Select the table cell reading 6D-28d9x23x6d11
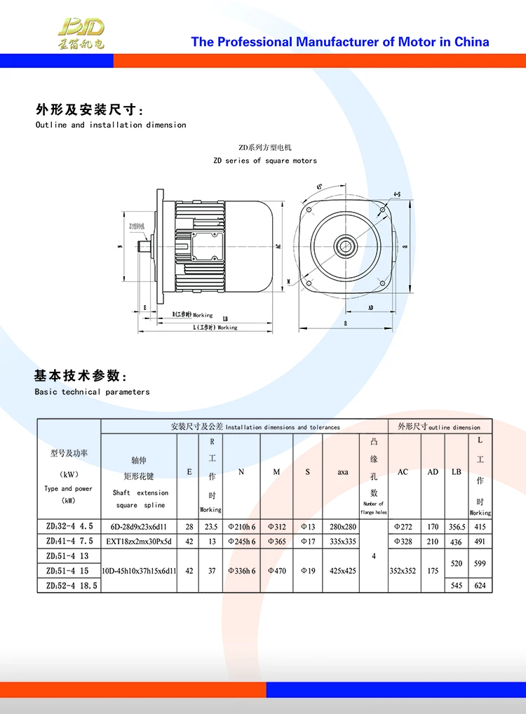140,527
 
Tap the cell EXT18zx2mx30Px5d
140,541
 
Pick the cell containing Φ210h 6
241,527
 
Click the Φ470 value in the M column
276,571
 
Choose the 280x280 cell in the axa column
342,527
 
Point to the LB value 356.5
457,527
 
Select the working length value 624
480,585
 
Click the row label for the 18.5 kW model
69,585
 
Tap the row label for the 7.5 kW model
69,541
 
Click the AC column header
403,472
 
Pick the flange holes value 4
373,555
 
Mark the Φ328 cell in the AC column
403,541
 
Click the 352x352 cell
403,571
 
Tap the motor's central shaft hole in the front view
345,245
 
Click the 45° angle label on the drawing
320,187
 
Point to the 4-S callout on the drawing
397,194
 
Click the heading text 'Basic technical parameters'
92,392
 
